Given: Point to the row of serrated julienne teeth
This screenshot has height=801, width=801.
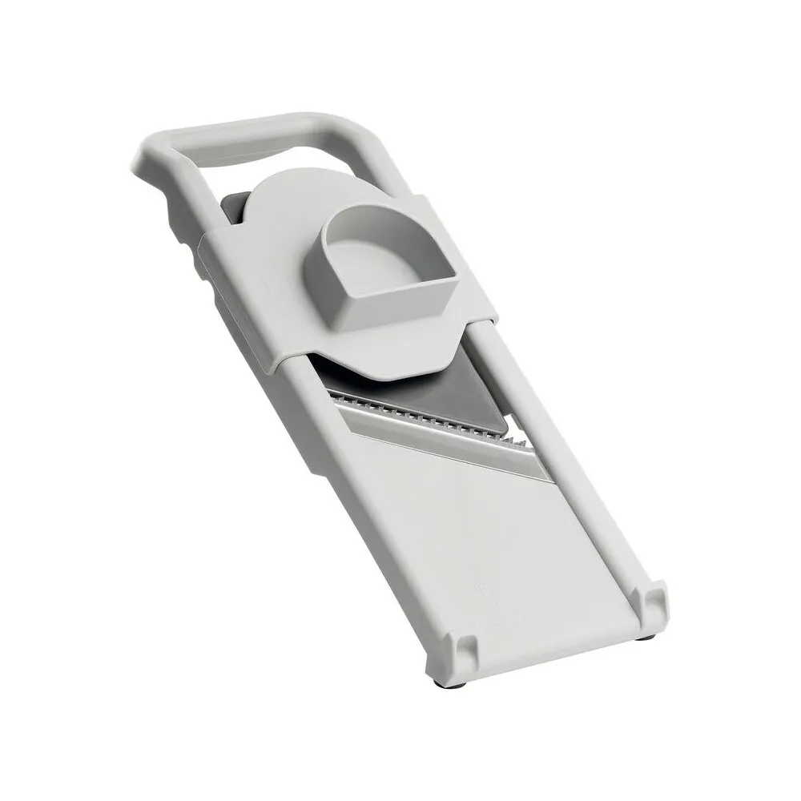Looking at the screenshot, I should (425, 417).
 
